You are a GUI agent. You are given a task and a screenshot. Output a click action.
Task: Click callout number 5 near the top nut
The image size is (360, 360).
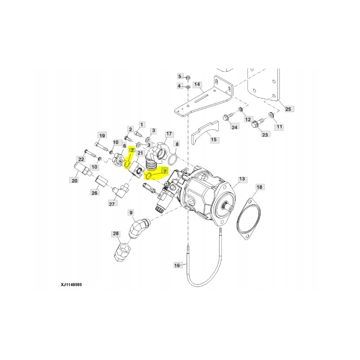pyautogui.click(x=180, y=76)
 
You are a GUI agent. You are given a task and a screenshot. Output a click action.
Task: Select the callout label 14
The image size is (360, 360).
pyautogui.click(x=197, y=85)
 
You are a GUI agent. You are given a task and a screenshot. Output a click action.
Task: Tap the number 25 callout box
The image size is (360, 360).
pyautogui.click(x=288, y=109)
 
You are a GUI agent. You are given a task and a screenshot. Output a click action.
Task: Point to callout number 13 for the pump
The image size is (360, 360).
pyautogui.click(x=242, y=180)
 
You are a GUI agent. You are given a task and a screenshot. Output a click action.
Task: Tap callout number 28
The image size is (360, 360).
pyautogui.click(x=116, y=234)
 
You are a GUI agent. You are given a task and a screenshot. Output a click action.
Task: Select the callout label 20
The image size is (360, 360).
pyautogui.click(x=73, y=180)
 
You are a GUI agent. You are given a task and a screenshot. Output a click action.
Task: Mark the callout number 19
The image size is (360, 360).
pyautogui.click(x=102, y=135)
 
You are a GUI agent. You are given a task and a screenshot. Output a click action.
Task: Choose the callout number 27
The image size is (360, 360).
pyautogui.click(x=112, y=204)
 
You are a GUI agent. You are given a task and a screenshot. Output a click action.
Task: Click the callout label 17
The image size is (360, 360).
pyautogui.click(x=169, y=134)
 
